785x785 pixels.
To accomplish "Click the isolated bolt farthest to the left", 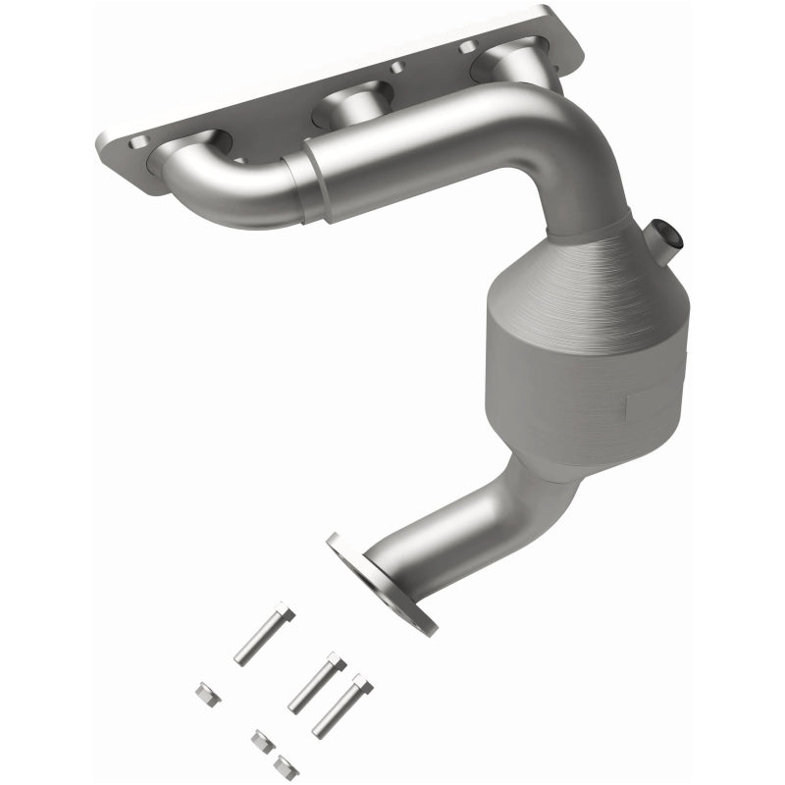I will (262, 632).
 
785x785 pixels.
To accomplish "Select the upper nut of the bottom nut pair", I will (262, 739).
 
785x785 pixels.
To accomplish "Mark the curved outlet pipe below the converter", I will (461, 520).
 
